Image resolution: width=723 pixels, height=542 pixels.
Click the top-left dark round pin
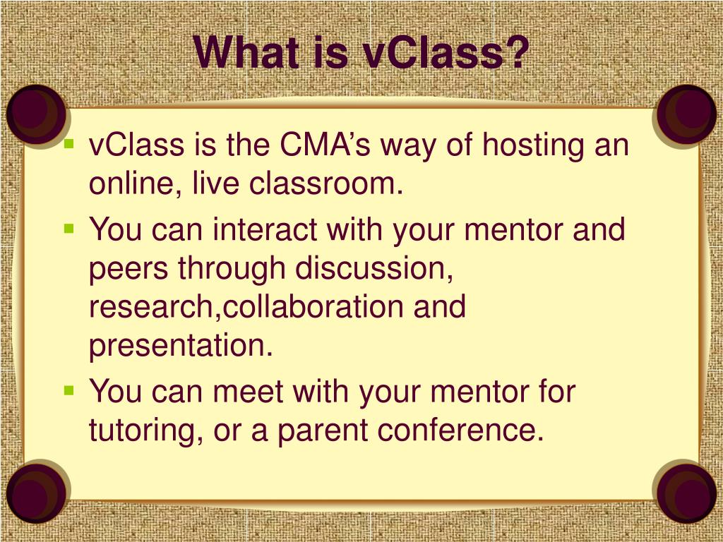pos(35,114)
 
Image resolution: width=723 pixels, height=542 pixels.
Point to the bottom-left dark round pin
pos(35,492)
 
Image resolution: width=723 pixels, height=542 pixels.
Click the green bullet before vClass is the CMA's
pos(68,144)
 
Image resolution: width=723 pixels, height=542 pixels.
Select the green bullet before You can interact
pos(68,228)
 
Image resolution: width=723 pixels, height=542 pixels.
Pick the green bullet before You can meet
pos(68,389)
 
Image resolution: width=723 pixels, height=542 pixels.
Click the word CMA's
pos(325,146)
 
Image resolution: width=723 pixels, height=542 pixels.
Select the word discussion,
pos(374,269)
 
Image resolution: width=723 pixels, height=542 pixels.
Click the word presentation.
pos(181,347)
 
